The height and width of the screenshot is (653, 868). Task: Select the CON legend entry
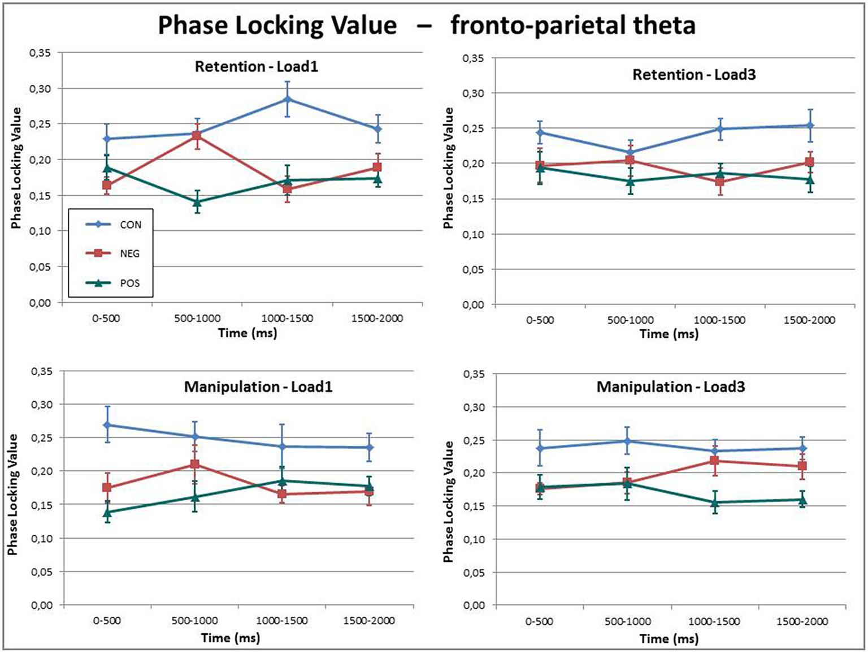pyautogui.click(x=130, y=225)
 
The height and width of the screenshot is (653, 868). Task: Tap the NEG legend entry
pyautogui.click(x=129, y=254)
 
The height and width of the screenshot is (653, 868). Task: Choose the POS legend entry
pyautogui.click(x=129, y=283)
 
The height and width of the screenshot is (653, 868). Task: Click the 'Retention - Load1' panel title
pyautogui.click(x=257, y=67)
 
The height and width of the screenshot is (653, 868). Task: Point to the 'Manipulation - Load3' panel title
pyautogui.click(x=671, y=387)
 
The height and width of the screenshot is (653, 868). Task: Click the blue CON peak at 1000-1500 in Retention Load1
pyautogui.click(x=287, y=100)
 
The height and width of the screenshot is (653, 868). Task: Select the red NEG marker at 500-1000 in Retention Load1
pyautogui.click(x=197, y=136)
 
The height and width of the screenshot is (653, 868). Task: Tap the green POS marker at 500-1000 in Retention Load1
pyautogui.click(x=197, y=202)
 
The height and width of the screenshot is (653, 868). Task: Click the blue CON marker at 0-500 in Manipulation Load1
pyautogui.click(x=107, y=425)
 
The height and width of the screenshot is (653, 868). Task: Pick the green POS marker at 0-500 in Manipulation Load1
pyautogui.click(x=107, y=513)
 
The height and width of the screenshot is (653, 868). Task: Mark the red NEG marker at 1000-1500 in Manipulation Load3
pyautogui.click(x=714, y=461)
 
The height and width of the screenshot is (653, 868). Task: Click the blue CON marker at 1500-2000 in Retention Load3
pyautogui.click(x=809, y=126)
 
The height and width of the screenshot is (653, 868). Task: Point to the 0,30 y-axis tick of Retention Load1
pyautogui.click(x=40, y=89)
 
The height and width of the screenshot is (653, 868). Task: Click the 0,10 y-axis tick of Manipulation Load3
pyautogui.click(x=474, y=539)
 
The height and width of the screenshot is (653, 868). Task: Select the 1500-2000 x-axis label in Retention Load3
pyautogui.click(x=809, y=320)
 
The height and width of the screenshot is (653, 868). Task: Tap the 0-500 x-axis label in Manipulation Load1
pyautogui.click(x=107, y=621)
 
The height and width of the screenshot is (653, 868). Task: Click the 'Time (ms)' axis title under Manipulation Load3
pyautogui.click(x=669, y=639)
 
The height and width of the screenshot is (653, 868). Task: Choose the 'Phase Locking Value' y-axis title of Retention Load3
pyautogui.click(x=449, y=168)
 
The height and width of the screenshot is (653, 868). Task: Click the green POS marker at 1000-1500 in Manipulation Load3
pyautogui.click(x=714, y=502)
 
